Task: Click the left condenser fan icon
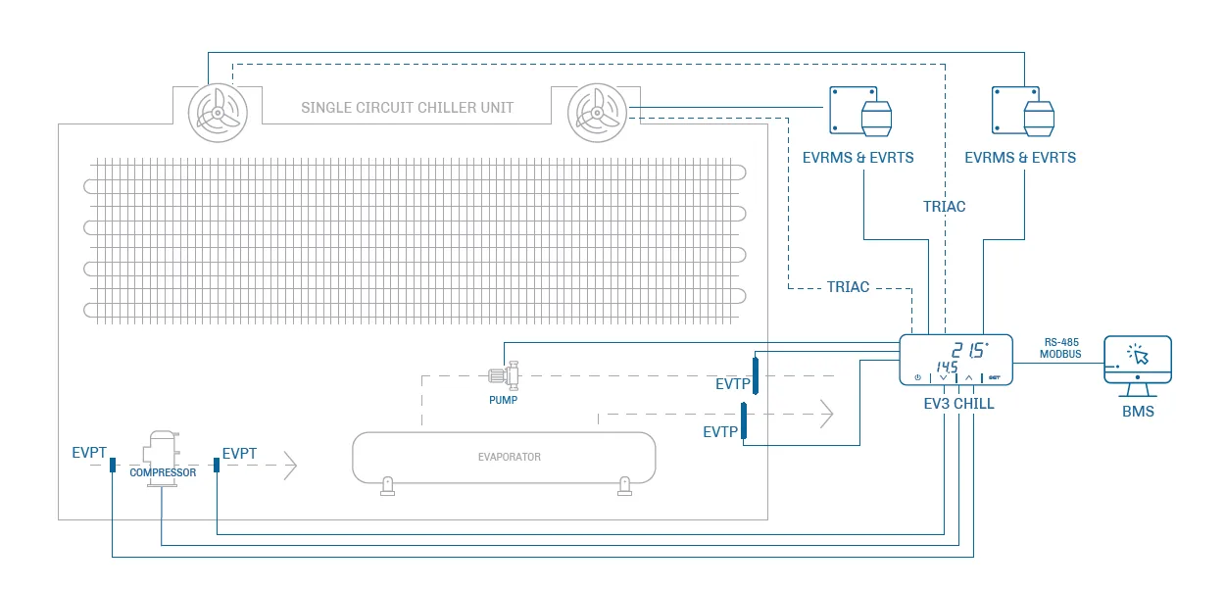click(x=218, y=113)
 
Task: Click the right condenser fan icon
click(x=597, y=113)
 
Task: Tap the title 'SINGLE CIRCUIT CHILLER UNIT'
click(x=408, y=108)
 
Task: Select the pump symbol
click(x=505, y=375)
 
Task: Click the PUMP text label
click(x=503, y=400)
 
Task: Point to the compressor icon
click(x=162, y=458)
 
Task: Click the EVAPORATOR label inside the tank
click(x=510, y=457)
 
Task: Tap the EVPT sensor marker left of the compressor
click(x=113, y=465)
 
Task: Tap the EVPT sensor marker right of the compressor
click(x=217, y=465)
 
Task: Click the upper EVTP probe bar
click(x=756, y=375)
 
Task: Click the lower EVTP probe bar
click(x=744, y=420)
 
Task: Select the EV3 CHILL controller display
click(x=955, y=360)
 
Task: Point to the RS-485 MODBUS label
click(x=1061, y=348)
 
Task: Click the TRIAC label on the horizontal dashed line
click(x=848, y=287)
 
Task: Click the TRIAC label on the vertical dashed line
click(x=945, y=207)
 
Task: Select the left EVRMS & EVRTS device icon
click(x=860, y=111)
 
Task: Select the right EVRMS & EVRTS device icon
click(x=1023, y=111)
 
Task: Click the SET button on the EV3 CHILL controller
click(x=995, y=377)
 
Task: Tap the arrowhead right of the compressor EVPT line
click(x=291, y=466)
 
